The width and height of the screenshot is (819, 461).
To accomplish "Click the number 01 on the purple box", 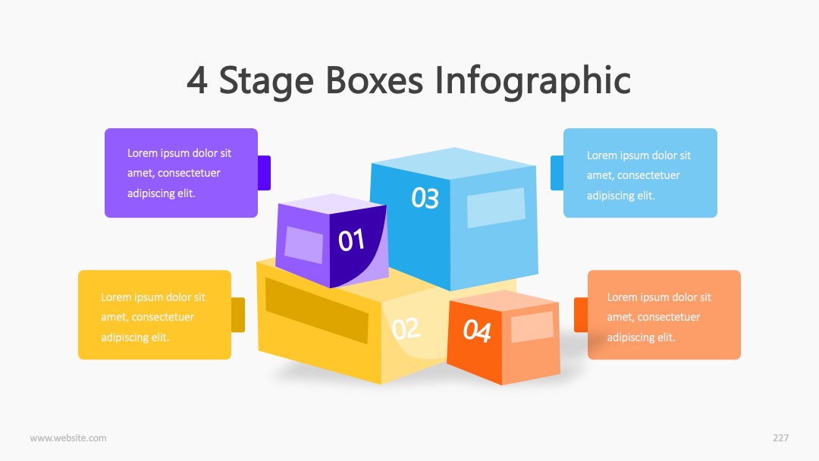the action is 351,240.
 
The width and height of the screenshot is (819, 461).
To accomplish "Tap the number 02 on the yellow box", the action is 406,328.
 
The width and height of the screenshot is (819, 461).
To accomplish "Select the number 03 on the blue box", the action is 425,198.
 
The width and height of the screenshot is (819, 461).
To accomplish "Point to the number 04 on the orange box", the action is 477,331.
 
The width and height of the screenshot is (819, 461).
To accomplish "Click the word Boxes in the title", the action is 374,80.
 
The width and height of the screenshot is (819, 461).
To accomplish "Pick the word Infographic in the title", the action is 533,81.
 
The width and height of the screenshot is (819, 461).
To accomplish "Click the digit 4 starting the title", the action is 197,81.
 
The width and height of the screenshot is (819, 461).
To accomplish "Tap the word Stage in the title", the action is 266,83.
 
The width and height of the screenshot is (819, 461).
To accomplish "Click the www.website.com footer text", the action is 68,438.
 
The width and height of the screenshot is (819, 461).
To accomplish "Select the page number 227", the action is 781,438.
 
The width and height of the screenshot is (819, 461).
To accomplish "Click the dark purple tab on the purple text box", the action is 265,173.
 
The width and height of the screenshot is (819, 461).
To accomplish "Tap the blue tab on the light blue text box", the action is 557,173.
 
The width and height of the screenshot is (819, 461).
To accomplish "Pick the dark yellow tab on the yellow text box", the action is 238,315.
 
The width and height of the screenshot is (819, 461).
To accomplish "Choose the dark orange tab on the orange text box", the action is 581,315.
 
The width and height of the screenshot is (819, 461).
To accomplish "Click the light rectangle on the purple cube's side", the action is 304,245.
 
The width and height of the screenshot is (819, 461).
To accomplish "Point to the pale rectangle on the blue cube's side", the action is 496,208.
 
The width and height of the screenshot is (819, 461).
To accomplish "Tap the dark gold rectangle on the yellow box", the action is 316,310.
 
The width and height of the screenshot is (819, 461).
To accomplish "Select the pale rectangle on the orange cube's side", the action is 532,327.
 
